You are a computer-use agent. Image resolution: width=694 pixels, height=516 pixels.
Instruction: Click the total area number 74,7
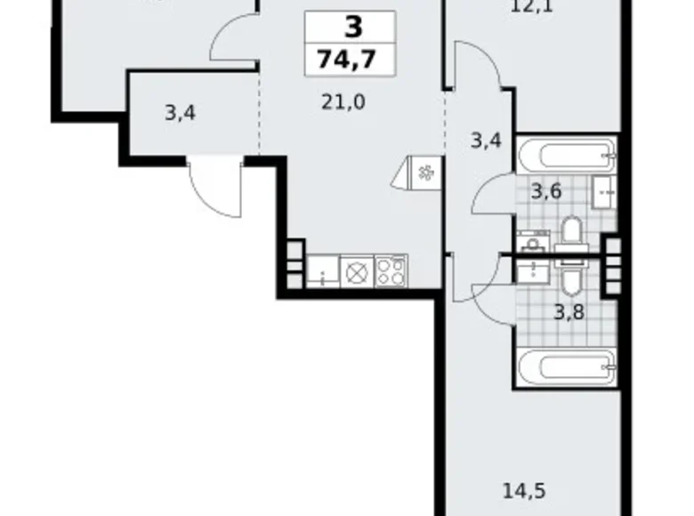(x=352, y=62)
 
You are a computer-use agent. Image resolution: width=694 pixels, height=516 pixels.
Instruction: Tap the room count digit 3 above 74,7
(x=352, y=28)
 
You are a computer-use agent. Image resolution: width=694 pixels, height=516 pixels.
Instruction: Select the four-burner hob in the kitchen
(x=391, y=270)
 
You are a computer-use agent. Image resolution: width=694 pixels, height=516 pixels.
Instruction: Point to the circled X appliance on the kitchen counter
(x=357, y=270)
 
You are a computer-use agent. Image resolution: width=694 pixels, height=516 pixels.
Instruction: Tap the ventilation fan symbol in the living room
(x=422, y=173)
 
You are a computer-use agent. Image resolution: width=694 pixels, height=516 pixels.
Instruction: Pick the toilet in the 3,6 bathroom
(x=570, y=235)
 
